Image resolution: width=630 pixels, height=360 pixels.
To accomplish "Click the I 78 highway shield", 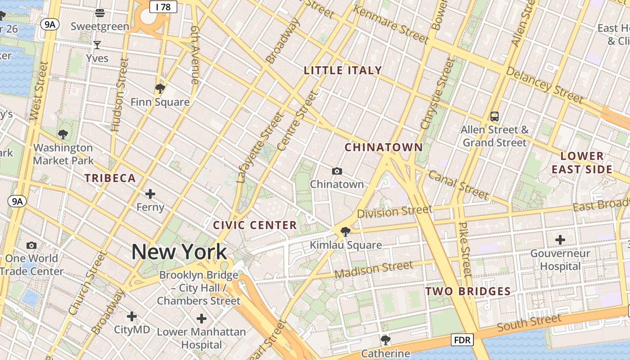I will click(x=163, y=7).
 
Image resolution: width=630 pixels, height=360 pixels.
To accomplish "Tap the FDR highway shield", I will click(x=462, y=340).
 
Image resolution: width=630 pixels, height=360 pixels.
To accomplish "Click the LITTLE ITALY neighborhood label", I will click(x=343, y=71).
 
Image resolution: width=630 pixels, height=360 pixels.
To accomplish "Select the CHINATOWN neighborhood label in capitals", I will click(x=384, y=148).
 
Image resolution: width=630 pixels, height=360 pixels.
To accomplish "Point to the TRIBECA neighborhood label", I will click(x=110, y=178).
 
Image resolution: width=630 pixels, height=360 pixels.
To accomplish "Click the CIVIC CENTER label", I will click(x=255, y=225).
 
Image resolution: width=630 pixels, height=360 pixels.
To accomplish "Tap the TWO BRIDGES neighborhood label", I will click(x=468, y=292).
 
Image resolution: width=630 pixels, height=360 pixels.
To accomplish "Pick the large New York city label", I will click(x=179, y=252).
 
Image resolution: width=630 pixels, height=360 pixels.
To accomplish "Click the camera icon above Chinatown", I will click(x=337, y=171).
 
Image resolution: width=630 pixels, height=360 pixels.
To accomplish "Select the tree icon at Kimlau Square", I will click(x=346, y=232).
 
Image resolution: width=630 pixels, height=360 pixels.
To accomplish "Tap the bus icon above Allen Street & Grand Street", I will click(x=495, y=117).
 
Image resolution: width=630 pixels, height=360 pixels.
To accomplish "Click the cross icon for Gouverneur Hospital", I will click(x=560, y=240).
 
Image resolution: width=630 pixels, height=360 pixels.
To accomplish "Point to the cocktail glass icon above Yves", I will click(x=97, y=45).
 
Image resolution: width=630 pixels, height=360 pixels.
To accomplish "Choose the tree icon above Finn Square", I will click(x=160, y=88).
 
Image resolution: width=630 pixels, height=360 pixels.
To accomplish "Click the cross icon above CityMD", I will click(x=131, y=316).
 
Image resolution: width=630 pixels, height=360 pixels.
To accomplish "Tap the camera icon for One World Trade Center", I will click(x=31, y=245).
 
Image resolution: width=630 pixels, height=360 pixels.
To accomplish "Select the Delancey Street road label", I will click(x=544, y=85).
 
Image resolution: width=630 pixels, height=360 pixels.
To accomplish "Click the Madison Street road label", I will click(x=373, y=270).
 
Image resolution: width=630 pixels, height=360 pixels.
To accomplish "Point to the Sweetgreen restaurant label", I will click(x=100, y=26).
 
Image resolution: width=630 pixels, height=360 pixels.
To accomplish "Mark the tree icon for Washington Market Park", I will click(x=63, y=134).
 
